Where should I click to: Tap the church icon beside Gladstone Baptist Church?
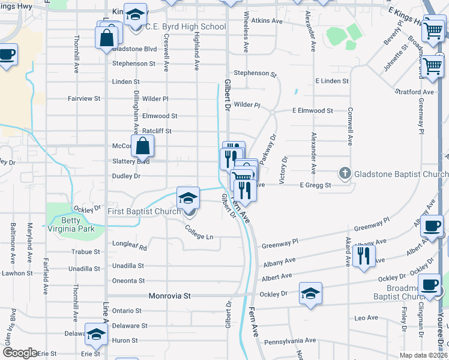[345, 174]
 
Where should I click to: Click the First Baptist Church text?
[144, 211]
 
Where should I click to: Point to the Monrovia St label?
[169, 296]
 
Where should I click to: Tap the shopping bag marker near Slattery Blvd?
[143, 146]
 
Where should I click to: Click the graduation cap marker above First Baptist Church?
[188, 197]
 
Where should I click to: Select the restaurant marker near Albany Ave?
[364, 256]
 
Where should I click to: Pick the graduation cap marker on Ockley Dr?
[310, 293]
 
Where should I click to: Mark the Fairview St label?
[83, 98]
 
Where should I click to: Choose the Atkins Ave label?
[267, 20]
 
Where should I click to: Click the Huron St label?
[126, 340]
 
